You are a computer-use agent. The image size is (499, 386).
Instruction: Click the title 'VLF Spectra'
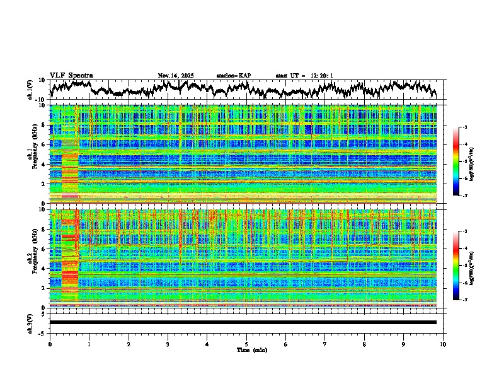pos(71,75)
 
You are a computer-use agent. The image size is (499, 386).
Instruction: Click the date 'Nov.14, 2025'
pos(176,76)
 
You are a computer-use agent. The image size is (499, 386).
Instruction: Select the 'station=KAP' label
pos(233,76)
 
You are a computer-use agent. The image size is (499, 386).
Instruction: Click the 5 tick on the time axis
pos(246,344)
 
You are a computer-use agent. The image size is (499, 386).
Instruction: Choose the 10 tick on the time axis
pos(443,344)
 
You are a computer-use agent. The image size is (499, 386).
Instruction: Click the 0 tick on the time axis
pos(50,344)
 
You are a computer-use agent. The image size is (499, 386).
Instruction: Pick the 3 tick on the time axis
pos(168,344)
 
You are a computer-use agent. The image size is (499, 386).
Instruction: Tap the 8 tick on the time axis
pos(364,344)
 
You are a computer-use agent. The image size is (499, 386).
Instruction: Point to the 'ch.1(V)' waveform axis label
pos(30,90)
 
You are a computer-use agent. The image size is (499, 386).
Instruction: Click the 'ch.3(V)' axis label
pos(30,322)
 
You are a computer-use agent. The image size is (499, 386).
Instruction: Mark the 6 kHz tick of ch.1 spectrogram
pos(44,144)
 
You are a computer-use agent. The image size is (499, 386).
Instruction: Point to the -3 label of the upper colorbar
pos(465,127)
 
